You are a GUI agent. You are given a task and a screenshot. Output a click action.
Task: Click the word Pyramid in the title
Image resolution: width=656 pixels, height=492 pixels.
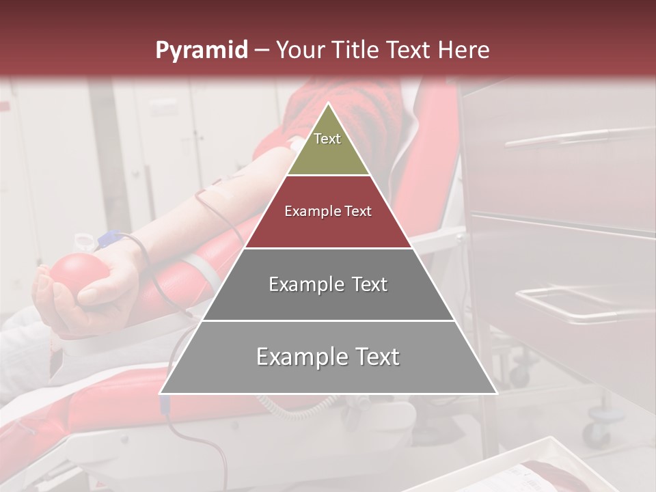click(201, 51)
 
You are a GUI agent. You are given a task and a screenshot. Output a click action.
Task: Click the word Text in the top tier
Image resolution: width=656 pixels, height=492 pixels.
click(327, 139)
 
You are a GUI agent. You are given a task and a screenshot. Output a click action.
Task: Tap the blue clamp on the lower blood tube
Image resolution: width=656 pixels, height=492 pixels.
click(165, 405)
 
